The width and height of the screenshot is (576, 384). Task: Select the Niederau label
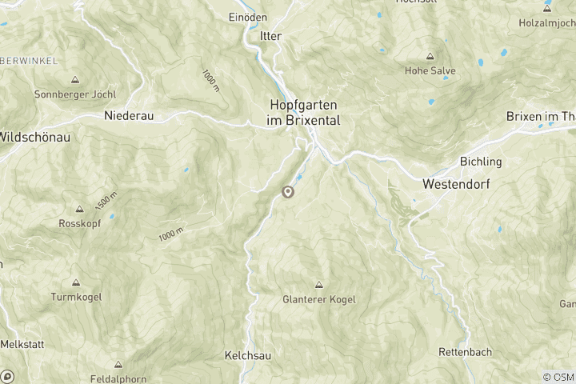(x=129, y=115)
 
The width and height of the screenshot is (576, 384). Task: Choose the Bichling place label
(x=481, y=162)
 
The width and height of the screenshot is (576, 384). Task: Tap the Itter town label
(x=271, y=36)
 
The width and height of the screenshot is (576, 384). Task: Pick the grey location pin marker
(x=288, y=191)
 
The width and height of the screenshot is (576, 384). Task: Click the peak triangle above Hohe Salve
(x=430, y=57)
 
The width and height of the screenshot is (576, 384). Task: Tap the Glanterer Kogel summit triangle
(x=319, y=284)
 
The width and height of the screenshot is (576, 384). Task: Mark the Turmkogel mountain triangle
(x=76, y=282)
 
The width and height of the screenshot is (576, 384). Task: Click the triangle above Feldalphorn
(x=118, y=364)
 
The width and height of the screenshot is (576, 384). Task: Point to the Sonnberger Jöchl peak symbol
(x=75, y=80)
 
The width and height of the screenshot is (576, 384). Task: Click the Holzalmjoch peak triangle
(x=547, y=9)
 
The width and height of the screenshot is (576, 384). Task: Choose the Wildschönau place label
(x=34, y=137)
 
